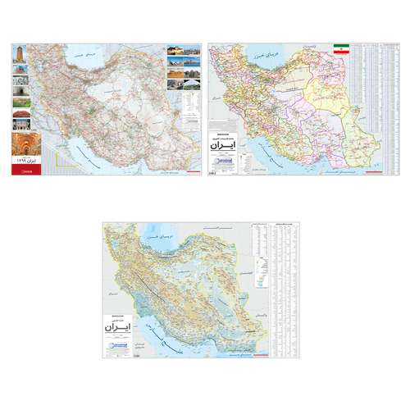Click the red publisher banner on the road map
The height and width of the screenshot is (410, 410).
(x=21, y=172)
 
